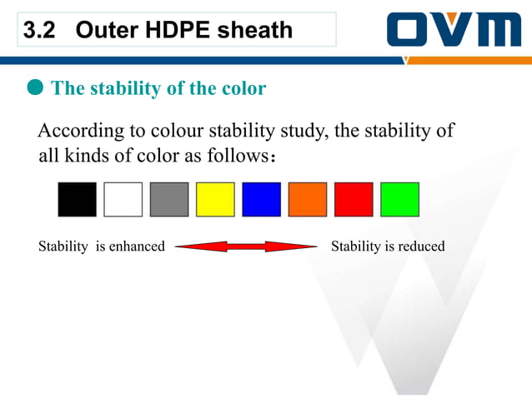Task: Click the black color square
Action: [78, 200]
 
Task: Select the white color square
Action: [123, 200]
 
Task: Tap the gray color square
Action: [169, 200]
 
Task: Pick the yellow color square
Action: [215, 200]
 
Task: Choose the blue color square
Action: [261, 200]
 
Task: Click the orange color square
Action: [307, 200]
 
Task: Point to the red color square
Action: [353, 200]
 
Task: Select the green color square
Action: [399, 200]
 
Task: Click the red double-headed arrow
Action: [247, 246]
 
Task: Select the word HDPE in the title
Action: [169, 31]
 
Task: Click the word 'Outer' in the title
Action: [104, 31]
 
